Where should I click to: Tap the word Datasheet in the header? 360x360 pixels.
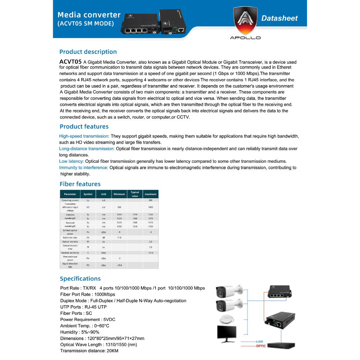tap(279, 18)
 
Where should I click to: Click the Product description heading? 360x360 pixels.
tap(88, 52)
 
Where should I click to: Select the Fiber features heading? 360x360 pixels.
tap(80, 184)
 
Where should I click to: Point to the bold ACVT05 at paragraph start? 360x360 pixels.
tap(70, 62)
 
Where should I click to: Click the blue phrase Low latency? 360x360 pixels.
tap(71, 161)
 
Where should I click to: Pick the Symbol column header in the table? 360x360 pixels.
tap(88, 194)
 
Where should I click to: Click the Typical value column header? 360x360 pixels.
tap(135, 194)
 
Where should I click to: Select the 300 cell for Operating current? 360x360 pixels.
tap(150, 200)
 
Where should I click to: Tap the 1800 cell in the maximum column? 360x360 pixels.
tap(150, 207)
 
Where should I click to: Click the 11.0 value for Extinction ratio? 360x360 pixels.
tap(119, 238)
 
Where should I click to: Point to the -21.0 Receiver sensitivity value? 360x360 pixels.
tap(150, 253)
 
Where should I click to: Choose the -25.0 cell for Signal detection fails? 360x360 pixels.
tap(119, 265)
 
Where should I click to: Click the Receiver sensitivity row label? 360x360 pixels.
tap(70, 253)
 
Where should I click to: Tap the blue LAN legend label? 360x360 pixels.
tap(259, 342)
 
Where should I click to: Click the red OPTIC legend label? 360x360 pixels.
tap(261, 346)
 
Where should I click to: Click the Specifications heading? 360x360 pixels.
tap(80, 278)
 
